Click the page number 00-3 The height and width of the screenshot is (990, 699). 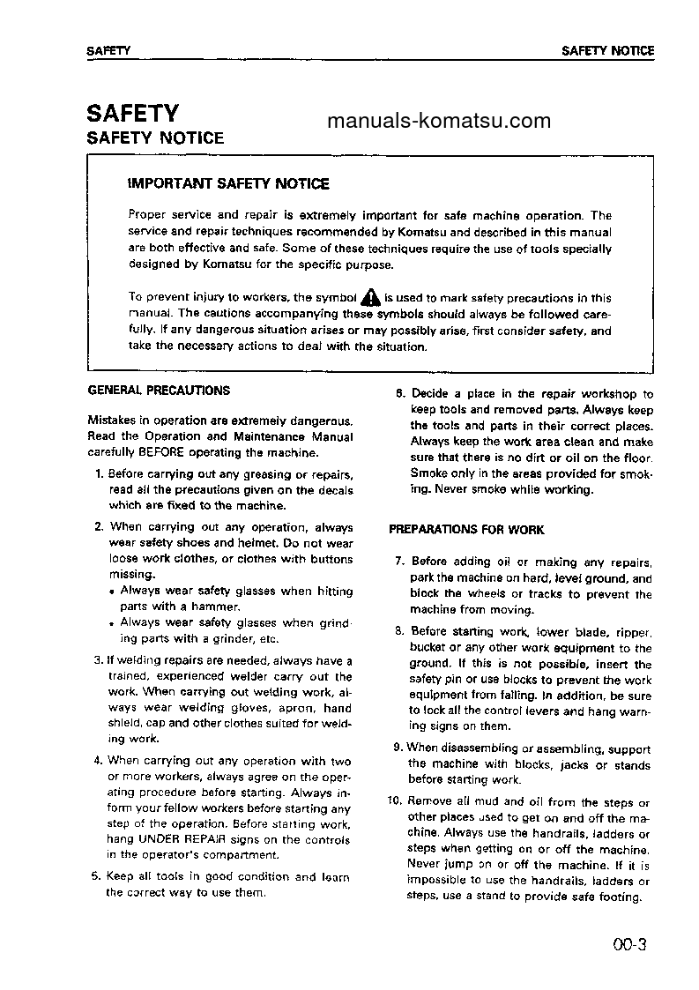pos(630,946)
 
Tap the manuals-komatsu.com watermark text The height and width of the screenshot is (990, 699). pos(438,121)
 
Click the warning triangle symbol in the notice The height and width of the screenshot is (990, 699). pos(370,298)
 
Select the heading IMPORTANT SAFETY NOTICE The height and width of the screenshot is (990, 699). pos(228,184)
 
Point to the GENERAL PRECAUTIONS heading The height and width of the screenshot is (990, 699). pos(160,390)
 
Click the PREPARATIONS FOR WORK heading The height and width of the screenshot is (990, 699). pos(466,530)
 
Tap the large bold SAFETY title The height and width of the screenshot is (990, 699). pos(132,113)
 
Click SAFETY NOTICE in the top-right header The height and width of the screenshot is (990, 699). pos(607,51)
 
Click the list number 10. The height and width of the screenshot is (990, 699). pos(394,801)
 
